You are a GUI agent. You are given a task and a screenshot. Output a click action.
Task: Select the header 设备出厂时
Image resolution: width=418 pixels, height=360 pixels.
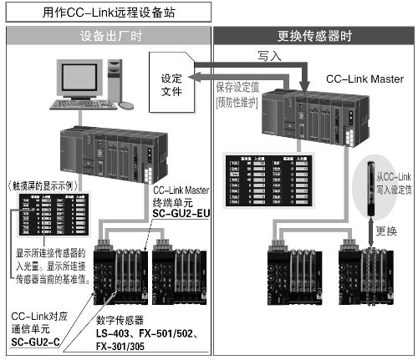point(108,36)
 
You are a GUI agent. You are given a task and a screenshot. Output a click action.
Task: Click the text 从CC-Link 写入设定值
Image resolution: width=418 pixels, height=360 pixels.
point(386,181)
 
